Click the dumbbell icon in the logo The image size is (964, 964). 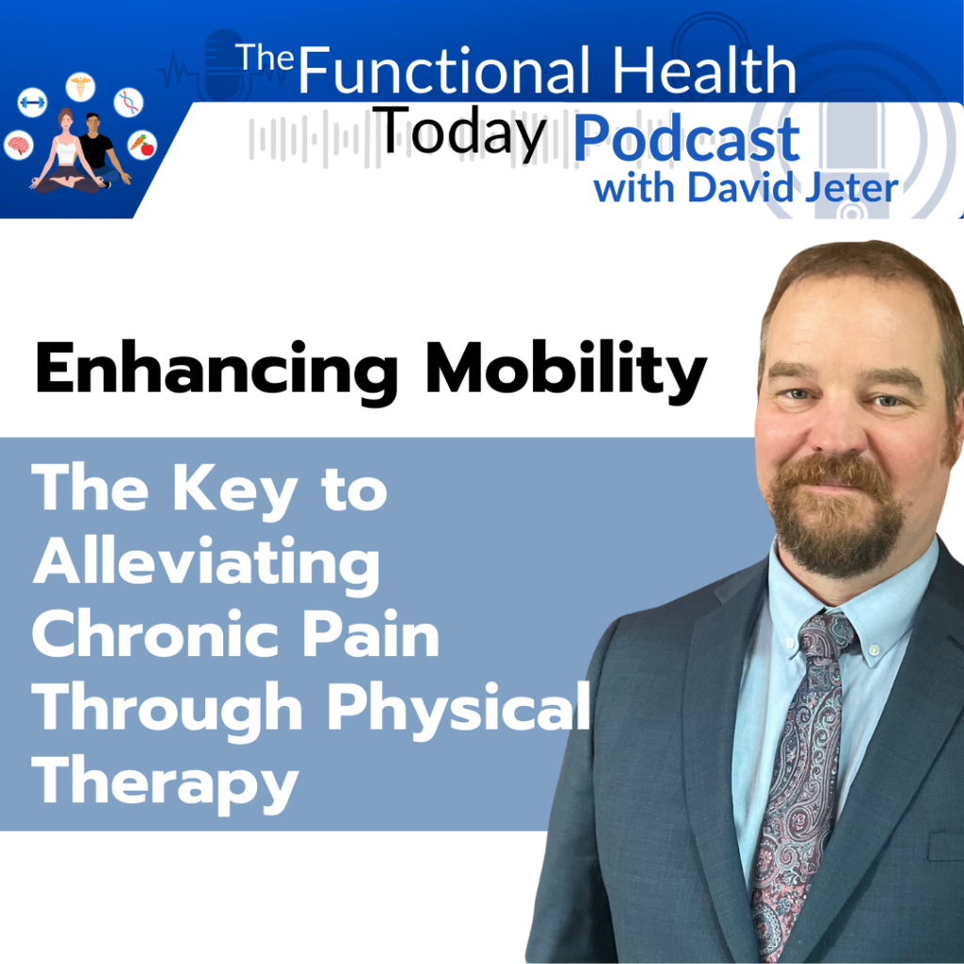click(x=32, y=102)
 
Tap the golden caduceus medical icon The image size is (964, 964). click(x=81, y=86)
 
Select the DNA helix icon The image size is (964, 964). click(x=128, y=102)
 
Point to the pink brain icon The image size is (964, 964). click(x=19, y=146)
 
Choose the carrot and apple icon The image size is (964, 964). click(x=142, y=145)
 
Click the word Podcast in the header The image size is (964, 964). click(x=686, y=139)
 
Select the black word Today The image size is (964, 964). click(x=461, y=131)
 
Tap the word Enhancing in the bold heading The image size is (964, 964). click(x=217, y=371)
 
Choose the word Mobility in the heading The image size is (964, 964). click(x=566, y=371)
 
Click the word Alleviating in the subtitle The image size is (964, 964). click(x=206, y=565)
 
